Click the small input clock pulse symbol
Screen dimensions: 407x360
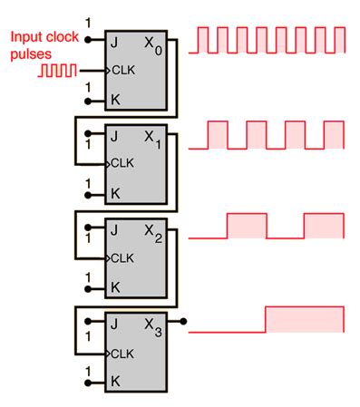point(52,69)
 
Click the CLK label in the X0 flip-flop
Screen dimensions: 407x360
point(123,69)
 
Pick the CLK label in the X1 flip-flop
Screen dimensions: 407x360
point(123,163)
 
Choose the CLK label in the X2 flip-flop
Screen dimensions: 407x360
point(123,257)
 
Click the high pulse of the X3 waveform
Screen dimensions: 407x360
point(305,320)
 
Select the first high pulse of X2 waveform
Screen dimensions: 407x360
point(247,226)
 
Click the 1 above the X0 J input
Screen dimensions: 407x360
point(88,22)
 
